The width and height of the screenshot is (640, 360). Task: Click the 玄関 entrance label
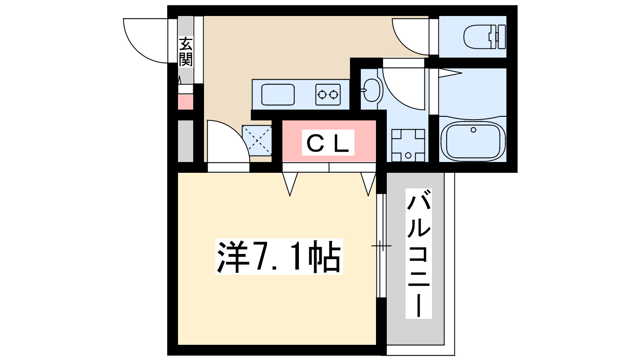click(186, 52)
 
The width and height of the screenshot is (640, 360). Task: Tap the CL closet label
click(328, 143)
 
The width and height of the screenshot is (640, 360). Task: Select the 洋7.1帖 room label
click(279, 257)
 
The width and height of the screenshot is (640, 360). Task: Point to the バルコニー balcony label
click(418, 254)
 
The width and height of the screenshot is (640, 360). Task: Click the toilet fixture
click(484, 37)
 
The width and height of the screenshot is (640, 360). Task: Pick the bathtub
click(473, 141)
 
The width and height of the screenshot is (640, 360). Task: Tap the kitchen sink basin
click(278, 95)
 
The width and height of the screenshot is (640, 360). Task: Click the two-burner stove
click(328, 95)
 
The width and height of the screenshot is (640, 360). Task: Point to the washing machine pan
click(408, 145)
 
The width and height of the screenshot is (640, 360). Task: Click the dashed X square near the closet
click(257, 140)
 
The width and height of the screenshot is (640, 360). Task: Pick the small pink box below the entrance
click(185, 102)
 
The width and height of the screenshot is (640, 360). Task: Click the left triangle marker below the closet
click(290, 182)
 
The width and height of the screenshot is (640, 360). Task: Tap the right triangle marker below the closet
click(368, 182)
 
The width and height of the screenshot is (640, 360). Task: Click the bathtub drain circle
click(474, 130)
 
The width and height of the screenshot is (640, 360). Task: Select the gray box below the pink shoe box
click(185, 141)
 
